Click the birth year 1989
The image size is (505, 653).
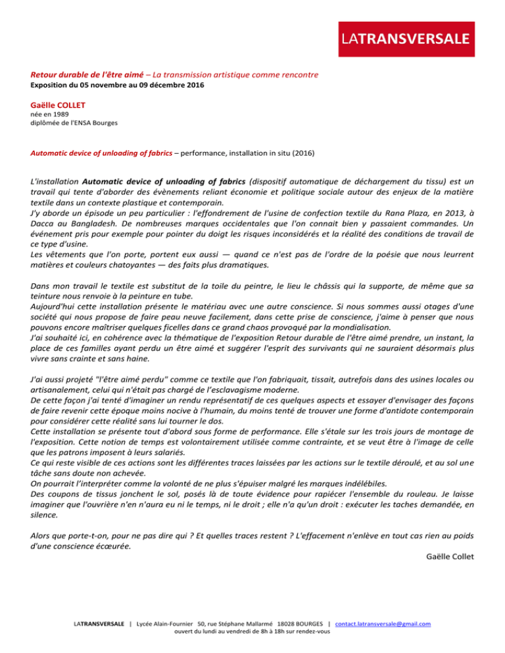[59, 114]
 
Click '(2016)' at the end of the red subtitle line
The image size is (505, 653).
[301, 154]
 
